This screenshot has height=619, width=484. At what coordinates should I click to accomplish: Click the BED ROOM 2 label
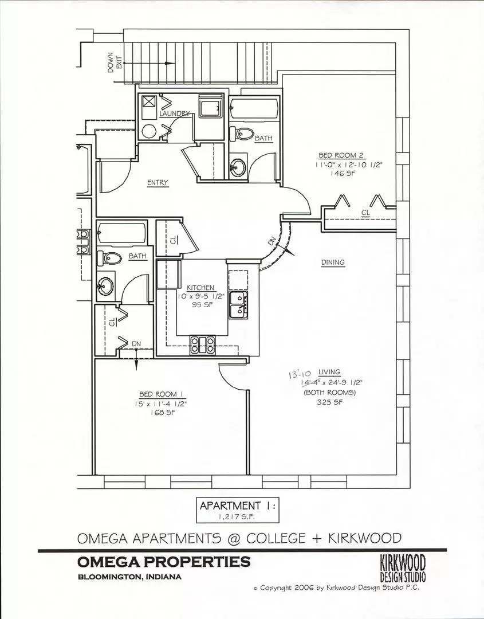(x=341, y=155)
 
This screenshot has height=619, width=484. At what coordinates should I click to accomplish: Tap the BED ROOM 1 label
(x=162, y=394)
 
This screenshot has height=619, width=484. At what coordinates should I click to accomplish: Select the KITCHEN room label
(x=200, y=288)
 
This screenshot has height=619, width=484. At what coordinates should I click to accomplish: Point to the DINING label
(x=333, y=263)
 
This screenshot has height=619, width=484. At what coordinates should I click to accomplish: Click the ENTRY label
(x=158, y=183)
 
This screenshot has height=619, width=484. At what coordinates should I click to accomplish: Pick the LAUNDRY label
(x=174, y=114)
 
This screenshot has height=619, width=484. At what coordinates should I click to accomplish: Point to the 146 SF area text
(x=341, y=174)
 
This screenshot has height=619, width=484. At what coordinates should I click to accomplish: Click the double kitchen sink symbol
(x=238, y=304)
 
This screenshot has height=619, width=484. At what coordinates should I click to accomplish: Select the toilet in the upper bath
(x=242, y=135)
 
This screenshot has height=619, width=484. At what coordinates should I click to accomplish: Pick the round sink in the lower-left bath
(x=105, y=285)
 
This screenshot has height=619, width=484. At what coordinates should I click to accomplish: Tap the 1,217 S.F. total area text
(x=238, y=518)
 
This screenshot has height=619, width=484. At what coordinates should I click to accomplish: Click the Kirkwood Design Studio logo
(x=403, y=567)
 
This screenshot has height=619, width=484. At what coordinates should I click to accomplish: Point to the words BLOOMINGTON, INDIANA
(x=129, y=577)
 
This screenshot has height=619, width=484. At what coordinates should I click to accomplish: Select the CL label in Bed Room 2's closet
(x=365, y=213)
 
